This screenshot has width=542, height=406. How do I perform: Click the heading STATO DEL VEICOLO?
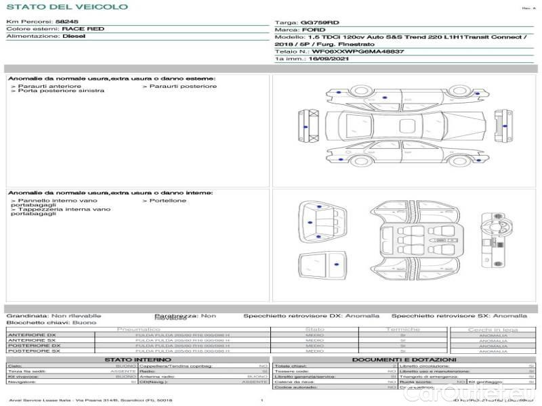click(x=66, y=7)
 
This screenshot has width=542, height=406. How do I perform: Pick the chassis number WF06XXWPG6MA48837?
click(x=358, y=51)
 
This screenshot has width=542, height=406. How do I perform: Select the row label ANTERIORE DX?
click(x=32, y=335)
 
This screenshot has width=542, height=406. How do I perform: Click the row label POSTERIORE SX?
click(x=33, y=351)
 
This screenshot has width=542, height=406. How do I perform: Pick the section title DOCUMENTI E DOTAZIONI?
click(x=404, y=359)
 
